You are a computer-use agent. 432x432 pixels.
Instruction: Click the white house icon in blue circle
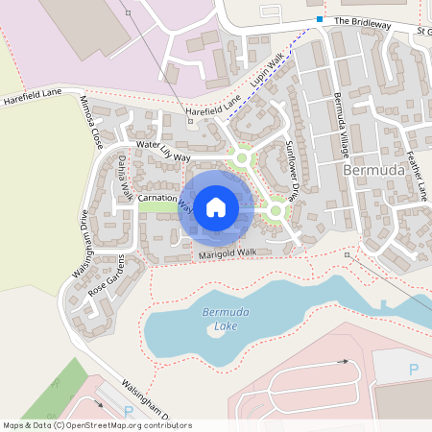[x=216, y=206]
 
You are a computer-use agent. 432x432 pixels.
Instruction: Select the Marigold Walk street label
[x=228, y=254]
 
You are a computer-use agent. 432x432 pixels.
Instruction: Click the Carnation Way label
[x=165, y=201]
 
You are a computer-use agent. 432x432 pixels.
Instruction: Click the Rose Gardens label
[x=108, y=276]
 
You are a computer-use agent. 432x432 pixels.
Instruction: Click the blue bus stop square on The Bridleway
[x=320, y=18]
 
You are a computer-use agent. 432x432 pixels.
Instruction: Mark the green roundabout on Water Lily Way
[x=242, y=157]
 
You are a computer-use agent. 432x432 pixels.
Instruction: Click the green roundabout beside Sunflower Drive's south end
[x=276, y=210]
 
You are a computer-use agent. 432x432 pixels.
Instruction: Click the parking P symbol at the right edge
[x=414, y=370]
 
